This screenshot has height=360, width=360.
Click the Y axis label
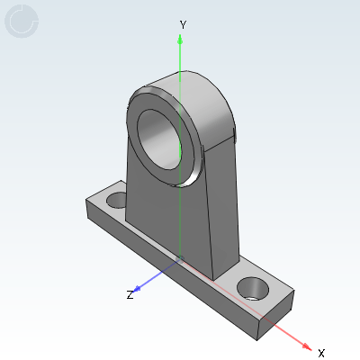click(x=183, y=24)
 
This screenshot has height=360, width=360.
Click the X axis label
click(x=321, y=353)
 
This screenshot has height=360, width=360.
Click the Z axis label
click(x=130, y=295)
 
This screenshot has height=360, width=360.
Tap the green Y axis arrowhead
click(x=180, y=40)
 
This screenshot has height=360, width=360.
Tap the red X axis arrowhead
click(x=307, y=346)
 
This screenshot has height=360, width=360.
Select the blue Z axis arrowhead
click(x=137, y=289)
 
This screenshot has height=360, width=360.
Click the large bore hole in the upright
click(x=159, y=139)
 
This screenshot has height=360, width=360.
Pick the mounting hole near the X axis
click(x=253, y=289)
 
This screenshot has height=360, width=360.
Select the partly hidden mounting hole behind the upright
click(x=117, y=201)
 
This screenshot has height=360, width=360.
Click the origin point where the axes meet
click(x=180, y=259)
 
